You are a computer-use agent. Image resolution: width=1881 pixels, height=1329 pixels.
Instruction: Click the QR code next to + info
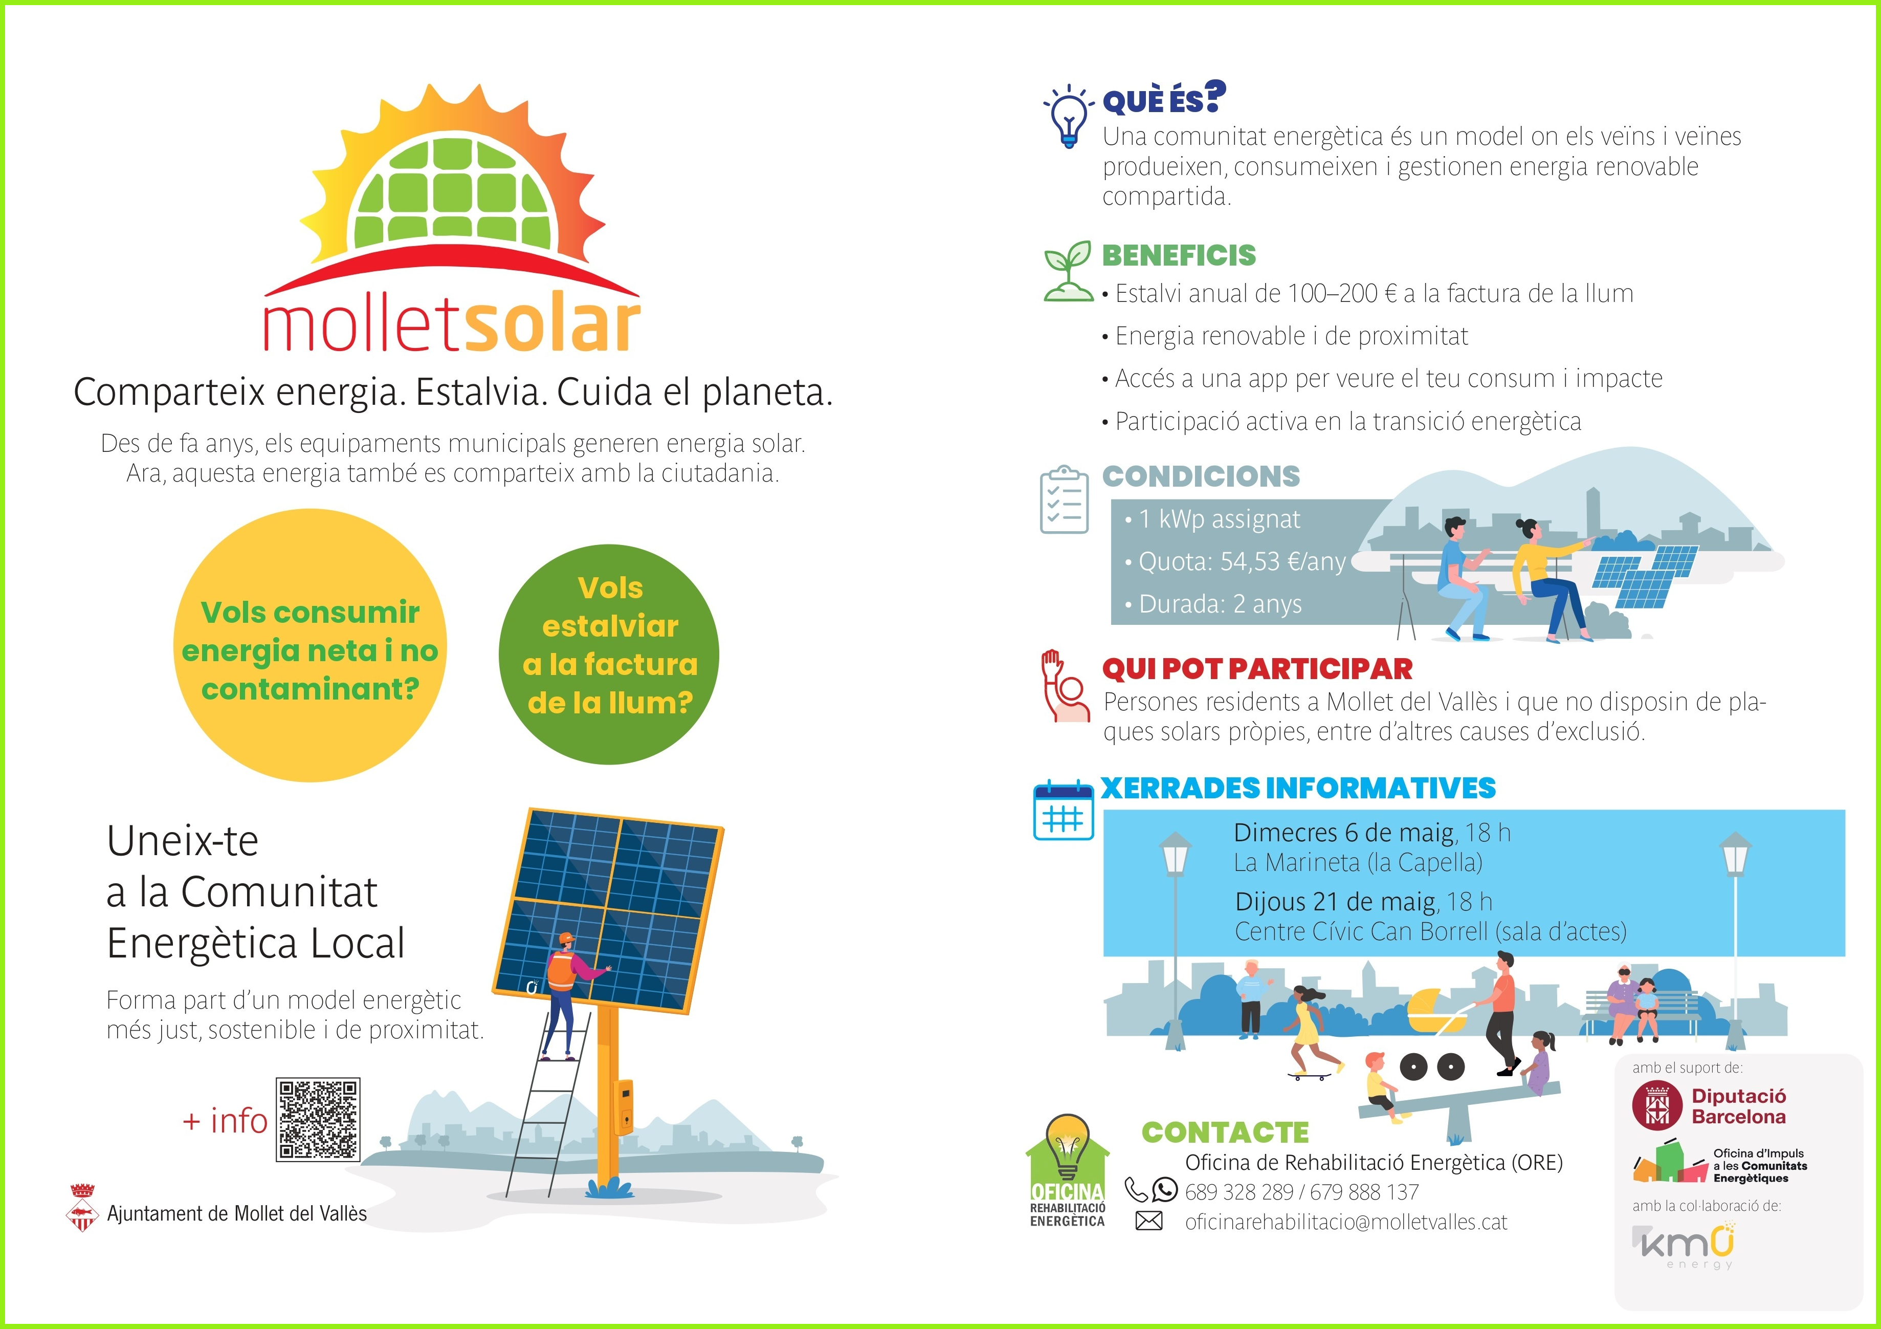point(318,1119)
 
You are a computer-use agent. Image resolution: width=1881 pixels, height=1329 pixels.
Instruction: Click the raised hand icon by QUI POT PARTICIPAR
point(1064,686)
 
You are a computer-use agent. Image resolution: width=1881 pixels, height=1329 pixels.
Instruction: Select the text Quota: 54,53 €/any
point(1242,562)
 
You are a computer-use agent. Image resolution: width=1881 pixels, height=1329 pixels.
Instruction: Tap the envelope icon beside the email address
point(1148,1222)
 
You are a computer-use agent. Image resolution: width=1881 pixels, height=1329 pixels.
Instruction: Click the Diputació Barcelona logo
point(1709,1106)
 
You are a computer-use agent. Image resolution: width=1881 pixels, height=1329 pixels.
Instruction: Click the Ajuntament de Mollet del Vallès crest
point(81,1207)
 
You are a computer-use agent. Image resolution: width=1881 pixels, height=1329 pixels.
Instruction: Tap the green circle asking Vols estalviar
point(609,654)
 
